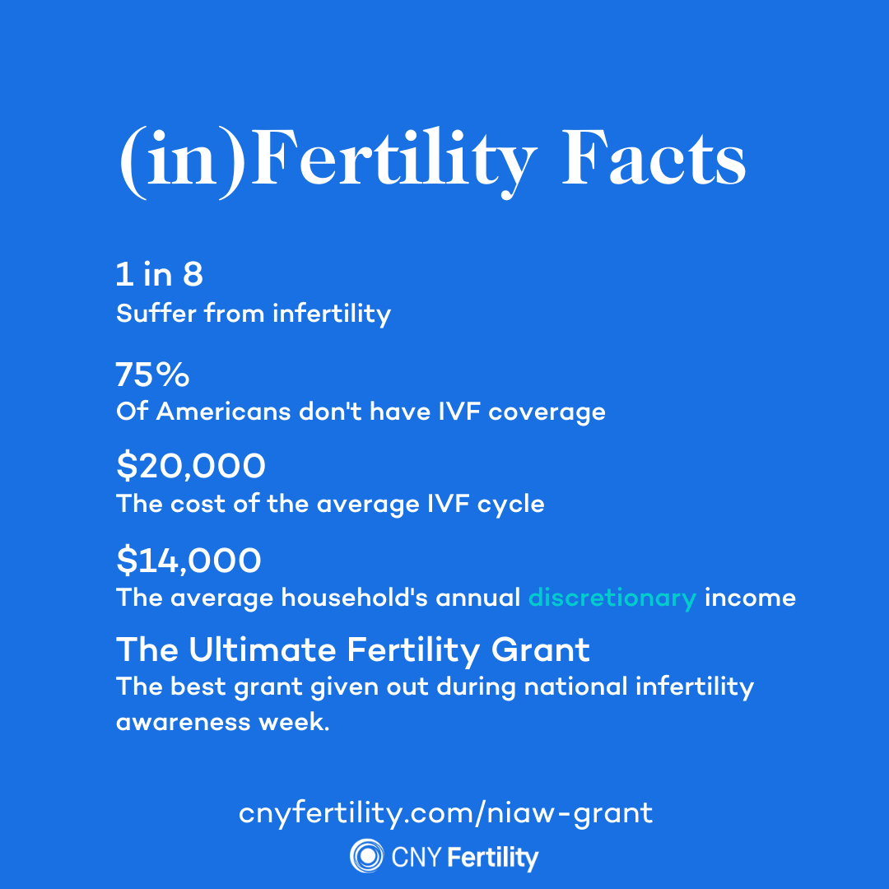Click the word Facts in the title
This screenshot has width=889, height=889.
654,157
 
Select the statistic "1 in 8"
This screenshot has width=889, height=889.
160,274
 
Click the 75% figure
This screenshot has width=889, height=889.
152,375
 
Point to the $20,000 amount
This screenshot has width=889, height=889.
190,465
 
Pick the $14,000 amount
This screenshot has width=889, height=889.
189,560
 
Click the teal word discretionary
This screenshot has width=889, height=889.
612,598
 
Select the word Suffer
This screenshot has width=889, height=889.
156,313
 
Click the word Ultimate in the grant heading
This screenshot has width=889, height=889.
263,649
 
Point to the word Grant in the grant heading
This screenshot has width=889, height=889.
540,649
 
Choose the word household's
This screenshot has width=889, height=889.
354,598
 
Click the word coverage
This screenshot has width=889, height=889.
547,412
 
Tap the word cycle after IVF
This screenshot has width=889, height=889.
511,505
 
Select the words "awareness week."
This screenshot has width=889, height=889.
223,723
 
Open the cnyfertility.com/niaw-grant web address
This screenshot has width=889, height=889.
445,813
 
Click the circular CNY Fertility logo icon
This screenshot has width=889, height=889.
367,855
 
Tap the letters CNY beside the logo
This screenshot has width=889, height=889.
417,857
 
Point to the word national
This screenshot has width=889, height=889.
575,687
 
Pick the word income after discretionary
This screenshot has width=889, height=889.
750,598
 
